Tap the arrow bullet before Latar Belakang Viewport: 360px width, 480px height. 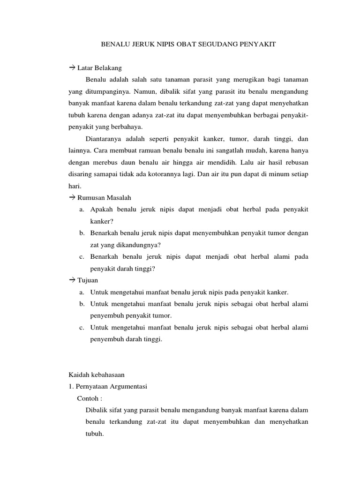tap(72, 68)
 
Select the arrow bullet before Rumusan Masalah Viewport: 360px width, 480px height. tap(72, 197)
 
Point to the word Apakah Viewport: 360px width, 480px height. tap(101, 209)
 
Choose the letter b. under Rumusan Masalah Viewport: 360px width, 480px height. tap(81, 232)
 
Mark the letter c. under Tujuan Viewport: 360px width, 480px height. tap(81, 327)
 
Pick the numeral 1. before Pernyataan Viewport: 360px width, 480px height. tap(71, 386)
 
